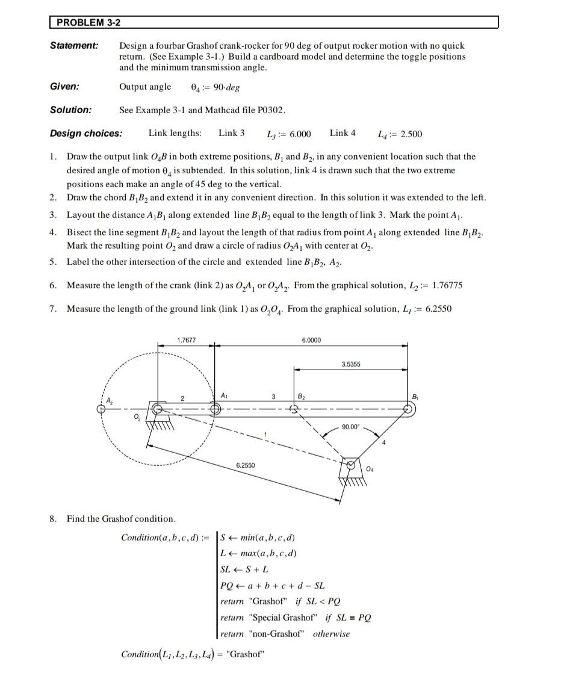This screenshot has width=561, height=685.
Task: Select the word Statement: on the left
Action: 74,46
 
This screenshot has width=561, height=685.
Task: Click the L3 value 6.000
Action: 300,134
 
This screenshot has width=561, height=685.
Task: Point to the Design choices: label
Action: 86,133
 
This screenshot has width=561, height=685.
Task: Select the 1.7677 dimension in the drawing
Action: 187,341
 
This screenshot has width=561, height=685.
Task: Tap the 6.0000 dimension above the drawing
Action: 311,341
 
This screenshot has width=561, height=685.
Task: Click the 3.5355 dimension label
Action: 351,365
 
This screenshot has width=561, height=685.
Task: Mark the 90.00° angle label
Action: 351,427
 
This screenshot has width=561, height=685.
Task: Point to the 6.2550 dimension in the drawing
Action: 246,465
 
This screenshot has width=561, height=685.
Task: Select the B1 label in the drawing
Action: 414,396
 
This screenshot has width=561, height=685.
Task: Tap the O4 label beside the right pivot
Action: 370,469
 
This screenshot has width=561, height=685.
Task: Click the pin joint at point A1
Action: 215,409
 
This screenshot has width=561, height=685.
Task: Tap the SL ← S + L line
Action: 244,569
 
